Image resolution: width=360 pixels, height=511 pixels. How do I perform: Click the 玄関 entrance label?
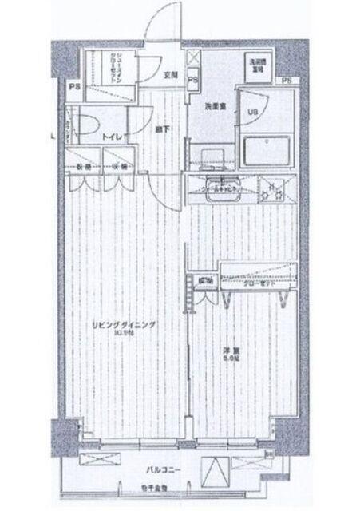click(x=170, y=75)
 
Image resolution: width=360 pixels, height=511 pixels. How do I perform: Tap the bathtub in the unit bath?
click(x=267, y=149)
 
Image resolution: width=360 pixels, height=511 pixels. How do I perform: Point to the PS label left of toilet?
click(x=74, y=86)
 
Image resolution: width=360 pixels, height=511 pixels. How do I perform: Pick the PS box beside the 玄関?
click(x=192, y=81)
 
